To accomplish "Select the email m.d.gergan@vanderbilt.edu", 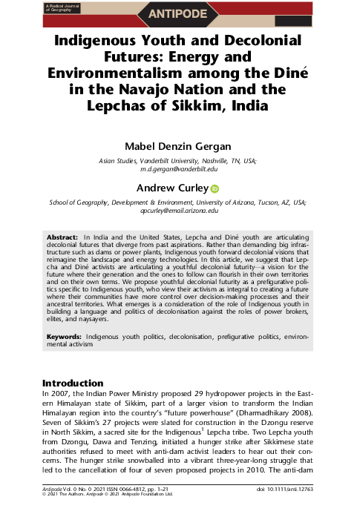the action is click(180, 169).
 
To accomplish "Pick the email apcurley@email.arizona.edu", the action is click(180, 211).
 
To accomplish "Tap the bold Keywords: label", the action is click(60, 337).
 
